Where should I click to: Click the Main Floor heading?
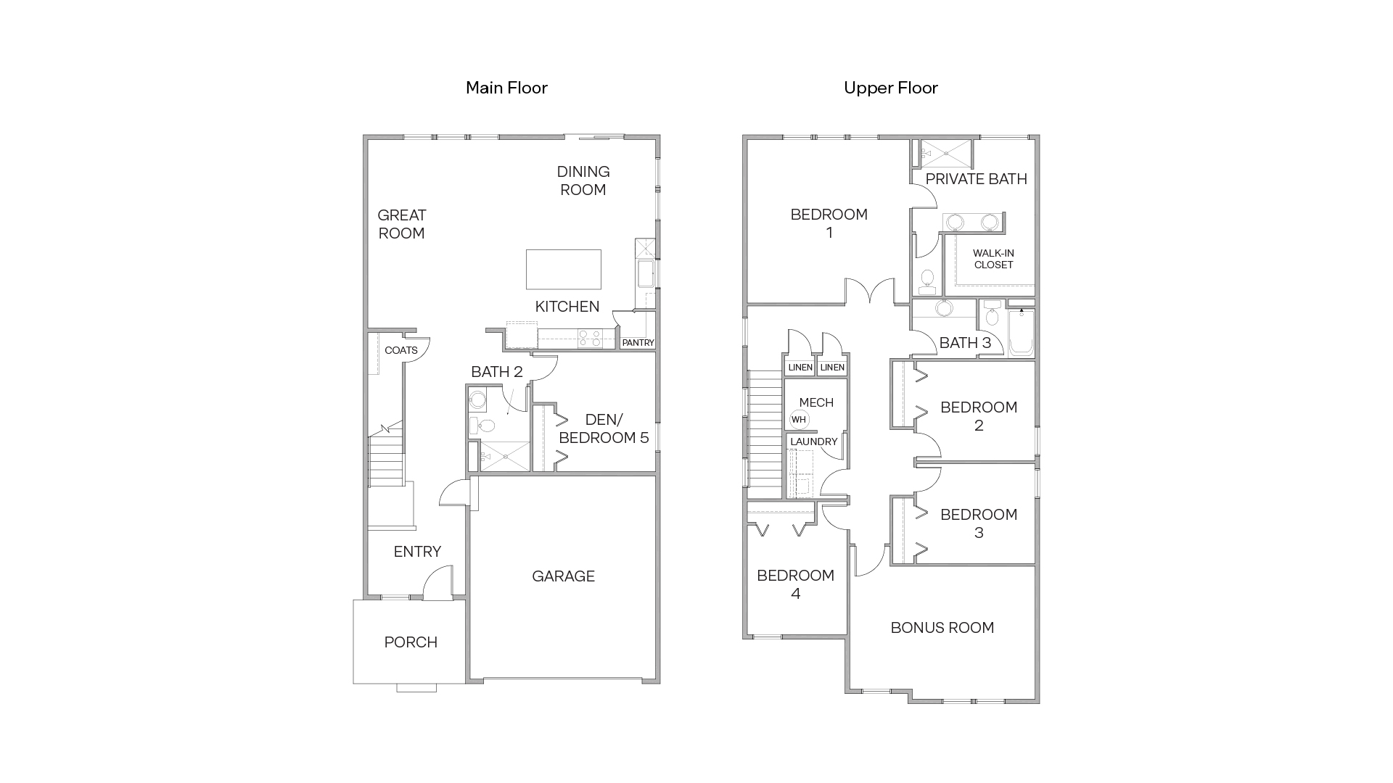click(x=506, y=88)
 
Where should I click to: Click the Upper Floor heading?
click(x=890, y=88)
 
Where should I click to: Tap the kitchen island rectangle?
click(x=563, y=269)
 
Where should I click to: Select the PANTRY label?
click(x=638, y=343)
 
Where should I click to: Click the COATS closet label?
click(x=400, y=350)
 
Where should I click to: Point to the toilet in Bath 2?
click(x=485, y=426)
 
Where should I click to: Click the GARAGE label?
click(x=563, y=576)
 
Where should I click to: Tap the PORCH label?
click(x=411, y=642)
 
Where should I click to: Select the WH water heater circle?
click(x=798, y=420)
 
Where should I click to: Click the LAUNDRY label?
click(x=813, y=442)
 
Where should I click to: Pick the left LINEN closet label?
click(x=800, y=368)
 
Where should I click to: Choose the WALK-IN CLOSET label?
click(x=993, y=259)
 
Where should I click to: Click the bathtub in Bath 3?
click(x=1022, y=333)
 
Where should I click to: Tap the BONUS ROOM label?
click(x=942, y=628)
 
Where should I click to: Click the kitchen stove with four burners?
click(x=589, y=339)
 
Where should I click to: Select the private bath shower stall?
click(x=945, y=153)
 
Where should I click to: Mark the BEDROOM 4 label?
click(x=795, y=584)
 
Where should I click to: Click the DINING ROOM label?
click(x=583, y=181)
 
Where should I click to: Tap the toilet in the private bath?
click(x=926, y=281)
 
